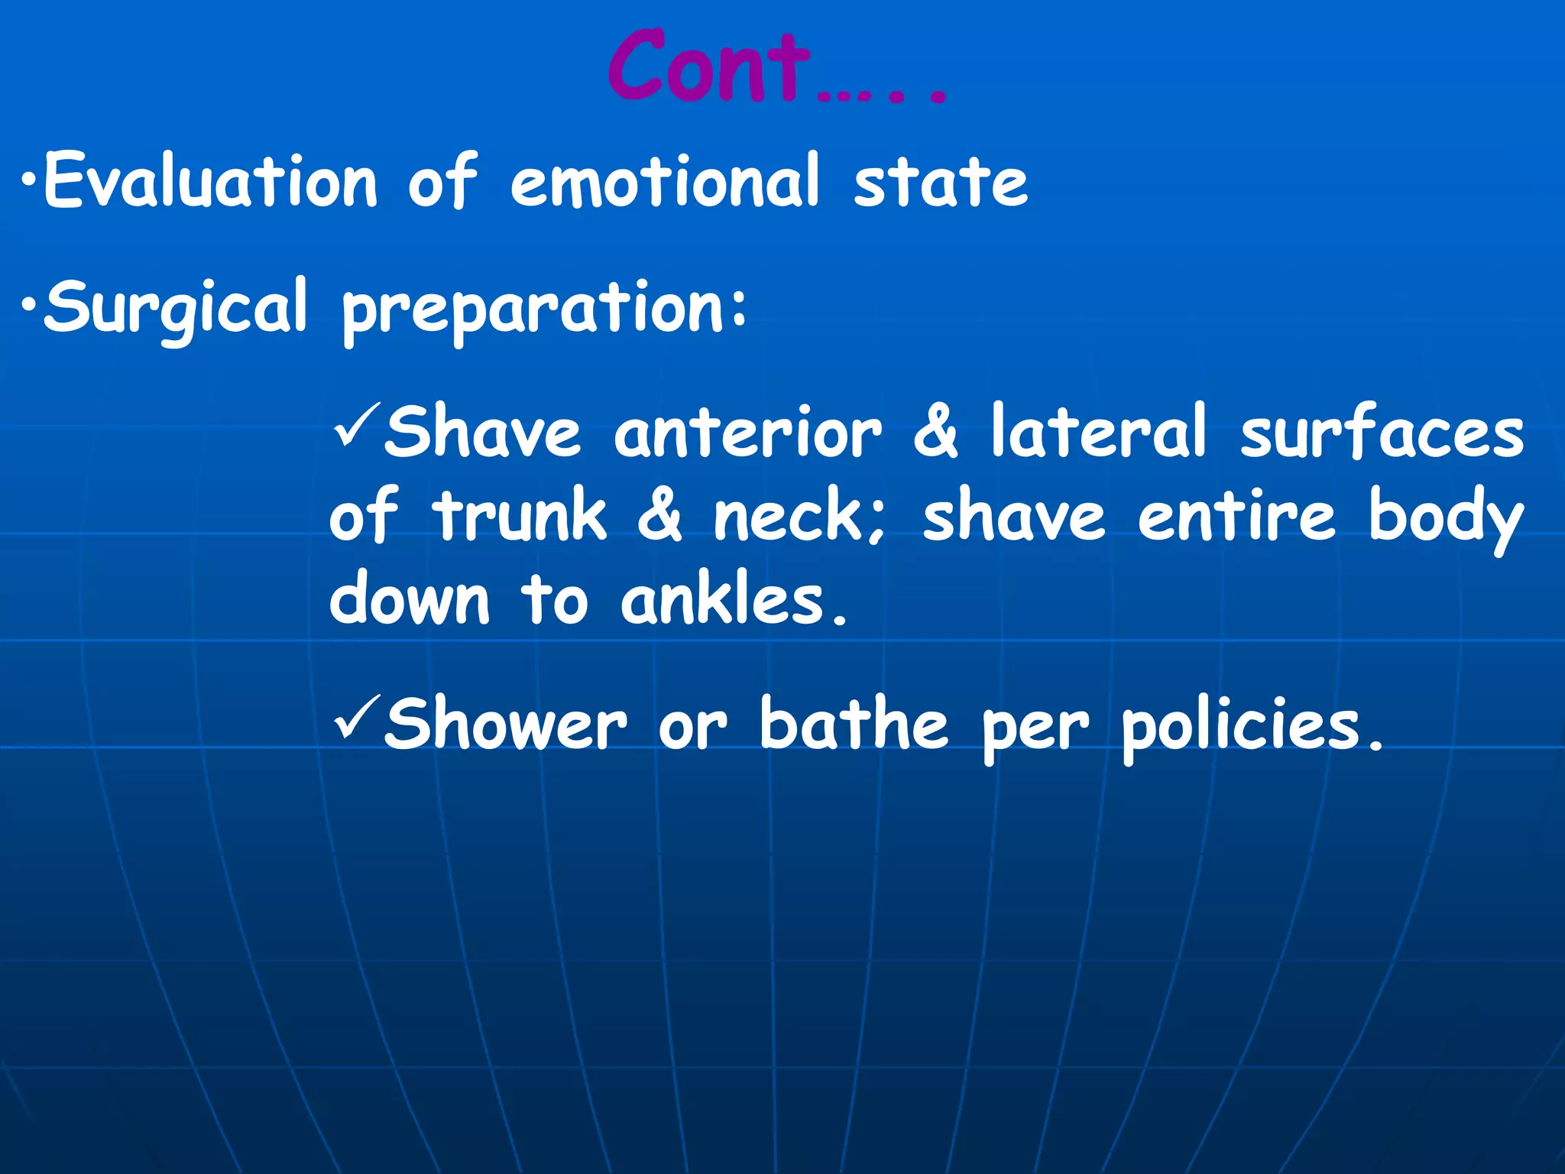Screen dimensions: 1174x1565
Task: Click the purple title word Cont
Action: click(709, 67)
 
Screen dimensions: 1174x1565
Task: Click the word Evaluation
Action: click(211, 181)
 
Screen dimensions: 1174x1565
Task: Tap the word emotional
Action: click(665, 181)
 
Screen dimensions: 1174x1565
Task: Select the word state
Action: click(941, 181)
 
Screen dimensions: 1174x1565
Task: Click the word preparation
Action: click(535, 310)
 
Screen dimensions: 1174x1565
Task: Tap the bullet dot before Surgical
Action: click(28, 307)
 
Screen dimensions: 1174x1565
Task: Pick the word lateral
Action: click(1098, 432)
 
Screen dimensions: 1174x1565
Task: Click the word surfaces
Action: click(1382, 432)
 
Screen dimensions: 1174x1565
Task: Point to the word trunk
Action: click(520, 516)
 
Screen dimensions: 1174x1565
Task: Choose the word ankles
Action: click(724, 600)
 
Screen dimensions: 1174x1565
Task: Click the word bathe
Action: click(854, 724)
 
